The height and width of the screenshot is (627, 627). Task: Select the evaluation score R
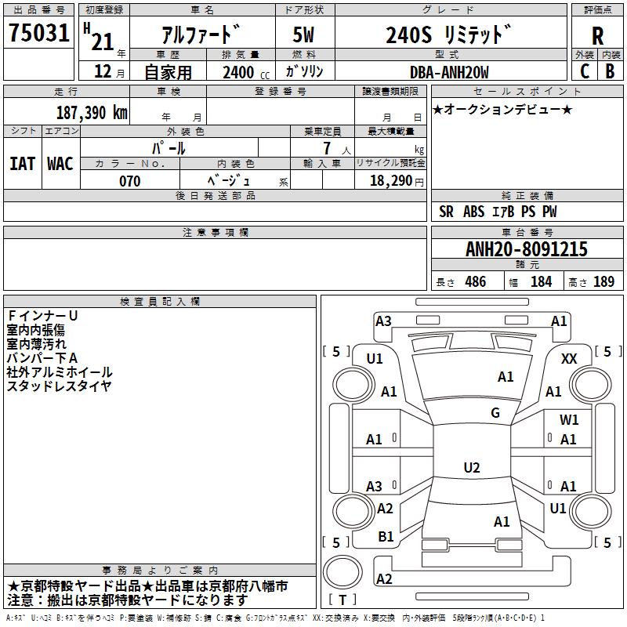[x=597, y=36]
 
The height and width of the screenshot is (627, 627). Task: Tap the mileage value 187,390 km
[x=92, y=112]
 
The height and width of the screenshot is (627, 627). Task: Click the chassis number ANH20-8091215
[x=526, y=249]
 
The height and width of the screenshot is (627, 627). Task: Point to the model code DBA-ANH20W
[x=449, y=72]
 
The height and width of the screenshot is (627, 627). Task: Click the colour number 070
[x=129, y=181]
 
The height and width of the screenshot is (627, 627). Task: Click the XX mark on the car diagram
[x=570, y=358]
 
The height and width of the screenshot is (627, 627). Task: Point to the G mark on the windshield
[x=495, y=413]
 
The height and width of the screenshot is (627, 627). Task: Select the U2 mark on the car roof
[x=471, y=468]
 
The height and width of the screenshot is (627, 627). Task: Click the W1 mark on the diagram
[x=569, y=420]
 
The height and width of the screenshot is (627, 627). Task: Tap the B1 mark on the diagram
[x=386, y=537]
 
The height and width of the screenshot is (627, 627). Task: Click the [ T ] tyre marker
[x=342, y=600]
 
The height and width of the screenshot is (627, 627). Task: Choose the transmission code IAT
[x=22, y=163]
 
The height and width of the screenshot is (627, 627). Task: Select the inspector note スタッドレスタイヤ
[x=59, y=386]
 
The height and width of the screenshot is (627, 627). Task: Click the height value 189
[x=603, y=281]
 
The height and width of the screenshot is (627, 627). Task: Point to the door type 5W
[x=304, y=35]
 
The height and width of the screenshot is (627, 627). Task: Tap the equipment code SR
[x=446, y=212]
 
